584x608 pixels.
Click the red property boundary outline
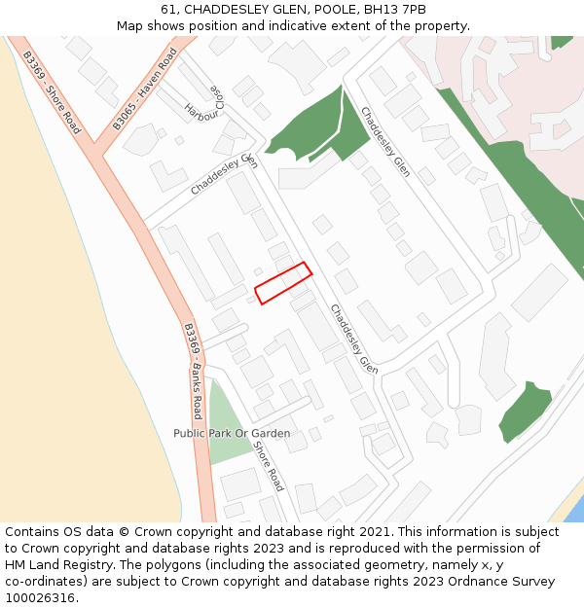[x=283, y=283]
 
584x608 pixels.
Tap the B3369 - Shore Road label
[x=51, y=91]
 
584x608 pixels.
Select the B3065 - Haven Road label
[x=144, y=89]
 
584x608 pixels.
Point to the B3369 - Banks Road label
[x=194, y=370]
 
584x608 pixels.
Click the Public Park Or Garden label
[x=232, y=433]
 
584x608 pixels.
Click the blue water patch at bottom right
[x=574, y=510]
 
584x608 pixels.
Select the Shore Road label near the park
[x=270, y=466]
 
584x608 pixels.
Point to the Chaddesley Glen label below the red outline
[x=353, y=340]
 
